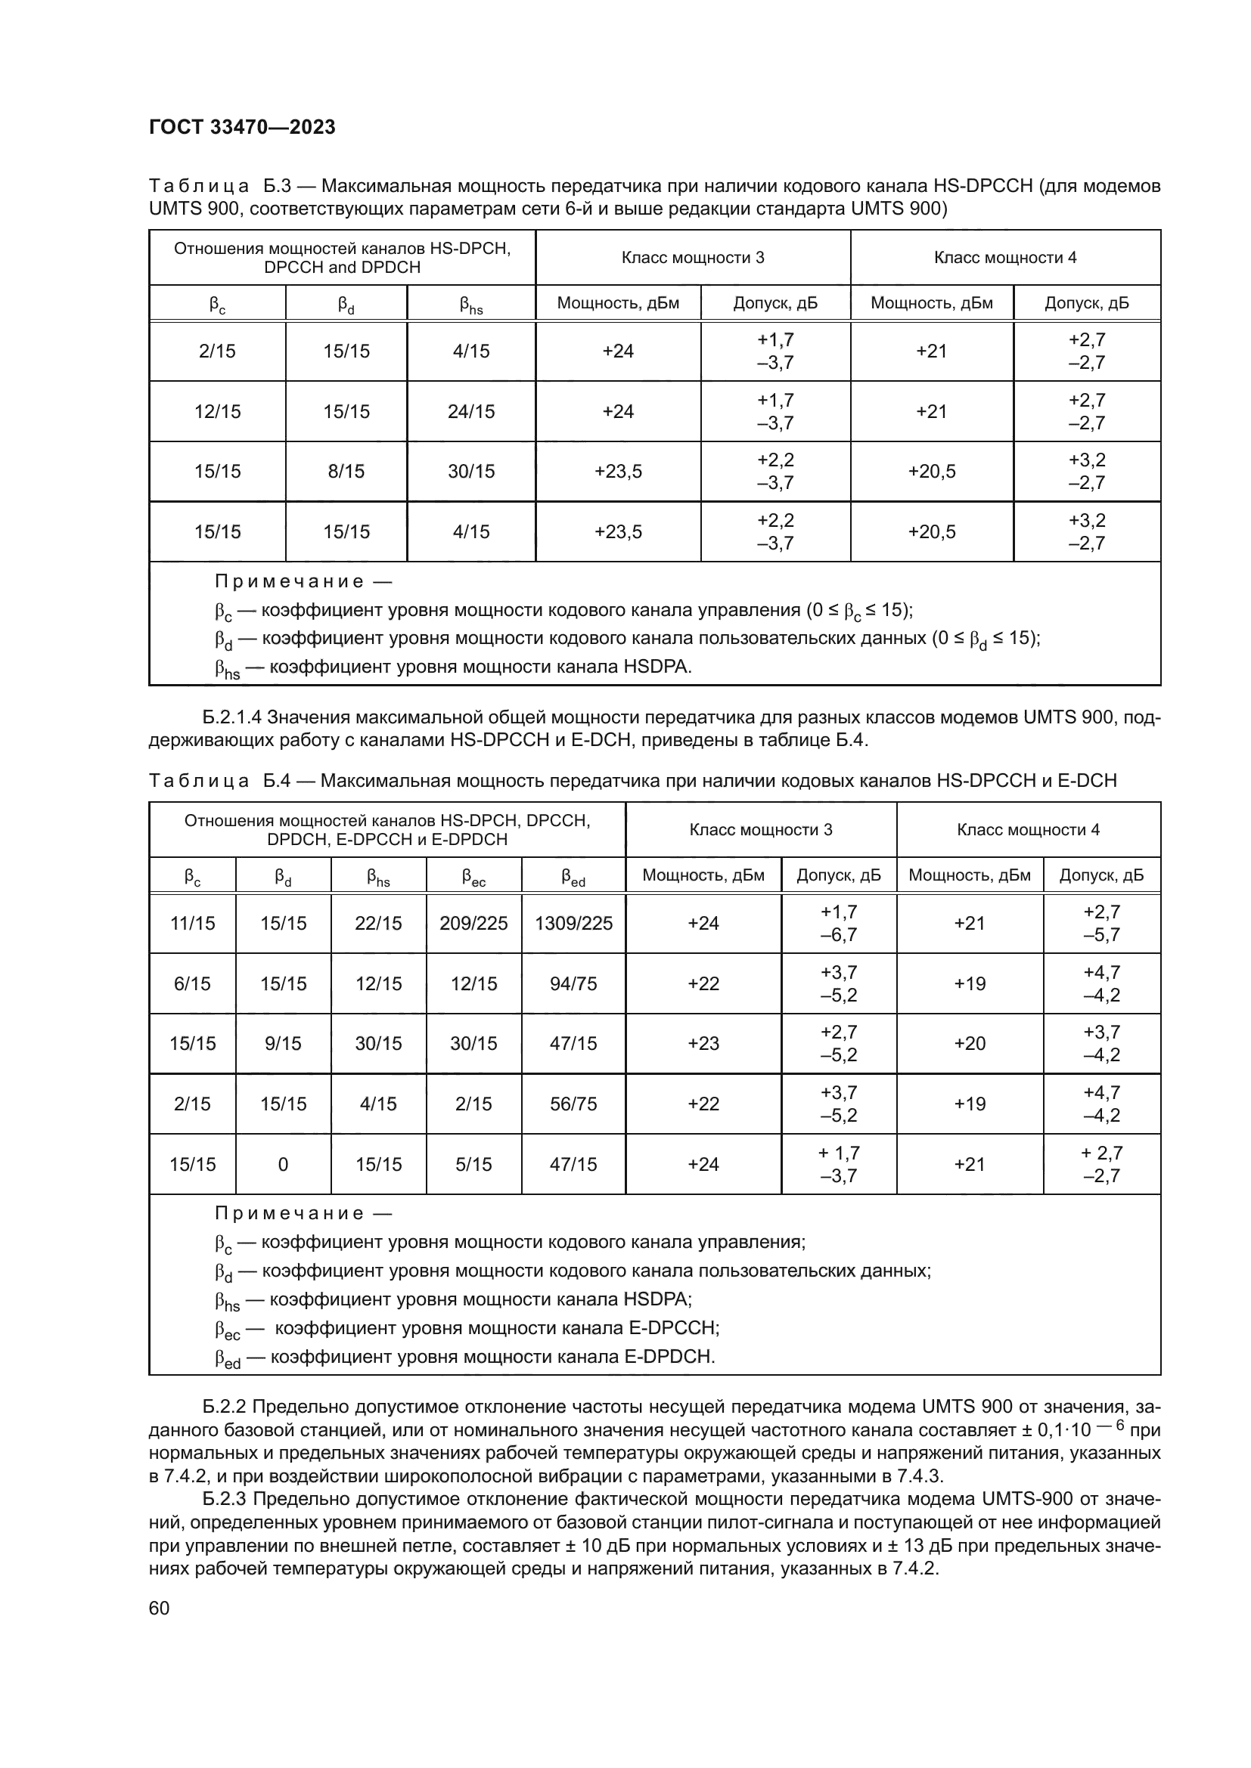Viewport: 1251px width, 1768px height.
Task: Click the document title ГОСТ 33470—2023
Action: tap(242, 127)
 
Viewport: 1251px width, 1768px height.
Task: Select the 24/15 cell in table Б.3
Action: tap(470, 411)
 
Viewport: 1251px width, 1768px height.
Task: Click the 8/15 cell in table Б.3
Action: tap(346, 471)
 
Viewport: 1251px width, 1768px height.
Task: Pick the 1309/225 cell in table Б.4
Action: tap(573, 923)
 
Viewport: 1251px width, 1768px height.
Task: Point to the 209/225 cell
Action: tap(473, 923)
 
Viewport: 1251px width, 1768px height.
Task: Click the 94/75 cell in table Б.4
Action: tap(573, 983)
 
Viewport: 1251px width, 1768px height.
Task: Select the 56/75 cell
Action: tap(573, 1104)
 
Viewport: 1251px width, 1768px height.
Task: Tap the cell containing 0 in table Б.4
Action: tap(283, 1164)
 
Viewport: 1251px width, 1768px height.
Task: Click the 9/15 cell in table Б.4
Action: tap(283, 1043)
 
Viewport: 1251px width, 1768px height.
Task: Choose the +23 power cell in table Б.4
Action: tap(703, 1043)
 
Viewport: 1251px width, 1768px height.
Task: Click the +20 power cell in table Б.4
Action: tap(969, 1043)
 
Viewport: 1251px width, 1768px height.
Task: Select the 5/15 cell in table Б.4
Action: tap(473, 1164)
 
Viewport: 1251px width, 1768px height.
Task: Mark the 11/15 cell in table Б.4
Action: tap(193, 923)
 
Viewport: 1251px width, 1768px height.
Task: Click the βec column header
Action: tap(473, 876)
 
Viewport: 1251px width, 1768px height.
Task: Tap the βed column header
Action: tap(573, 876)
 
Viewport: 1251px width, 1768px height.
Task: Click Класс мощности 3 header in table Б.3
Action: tap(693, 258)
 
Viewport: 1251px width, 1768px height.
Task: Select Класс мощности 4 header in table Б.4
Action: tap(1028, 829)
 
